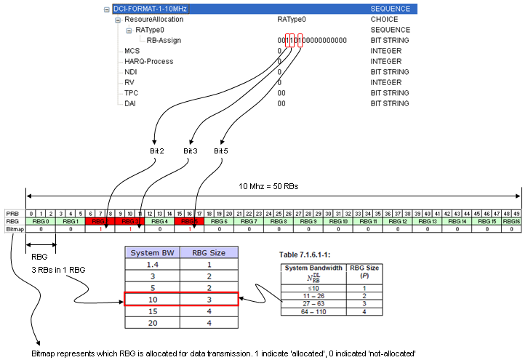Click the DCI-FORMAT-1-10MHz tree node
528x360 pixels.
pos(149,9)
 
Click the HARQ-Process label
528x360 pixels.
pos(149,62)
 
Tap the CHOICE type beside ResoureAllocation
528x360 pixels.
pos(385,20)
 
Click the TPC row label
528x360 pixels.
pos(132,93)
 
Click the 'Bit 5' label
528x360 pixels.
pos(221,151)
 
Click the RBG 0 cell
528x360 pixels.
pos(42,221)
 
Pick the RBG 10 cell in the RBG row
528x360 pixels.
pos(338,221)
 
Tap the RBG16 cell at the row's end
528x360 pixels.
pos(511,221)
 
